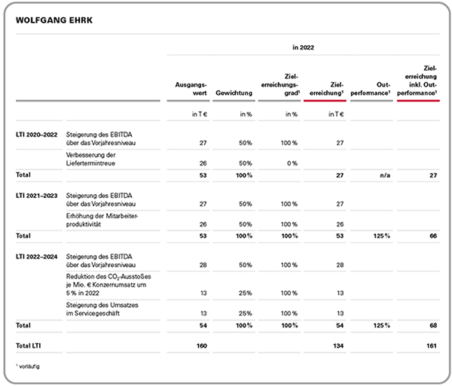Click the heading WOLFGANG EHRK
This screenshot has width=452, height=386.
(54, 20)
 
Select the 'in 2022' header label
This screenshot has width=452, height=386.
(303, 47)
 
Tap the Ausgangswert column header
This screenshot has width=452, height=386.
(191, 89)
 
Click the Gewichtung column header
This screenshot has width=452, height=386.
(234, 93)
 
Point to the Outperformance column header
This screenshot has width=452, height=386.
(371, 89)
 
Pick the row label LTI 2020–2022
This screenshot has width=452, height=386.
(37, 135)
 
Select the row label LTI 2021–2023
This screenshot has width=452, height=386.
(37, 196)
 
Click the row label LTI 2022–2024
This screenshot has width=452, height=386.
(37, 257)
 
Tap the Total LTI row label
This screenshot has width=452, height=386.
(29, 345)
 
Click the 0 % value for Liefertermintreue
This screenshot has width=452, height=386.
(292, 163)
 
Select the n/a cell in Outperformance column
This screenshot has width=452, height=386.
(385, 175)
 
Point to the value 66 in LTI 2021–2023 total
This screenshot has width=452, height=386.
(433, 236)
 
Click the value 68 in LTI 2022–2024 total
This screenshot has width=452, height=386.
(433, 326)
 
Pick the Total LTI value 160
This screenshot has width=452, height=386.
(202, 345)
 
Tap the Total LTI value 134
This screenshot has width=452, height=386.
(338, 345)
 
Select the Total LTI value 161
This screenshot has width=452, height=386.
(432, 345)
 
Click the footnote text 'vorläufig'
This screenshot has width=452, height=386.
(29, 366)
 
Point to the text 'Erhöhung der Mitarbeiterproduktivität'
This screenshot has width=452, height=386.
(102, 220)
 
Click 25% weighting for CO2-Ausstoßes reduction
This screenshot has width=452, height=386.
(245, 293)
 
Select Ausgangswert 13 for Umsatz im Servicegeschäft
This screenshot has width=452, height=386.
(203, 313)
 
